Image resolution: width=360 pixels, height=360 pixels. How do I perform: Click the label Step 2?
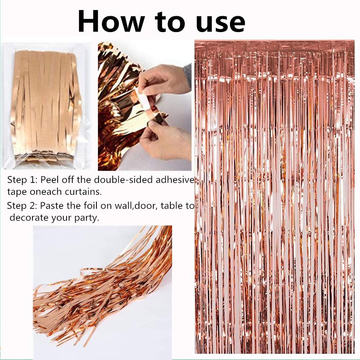[x=22, y=206]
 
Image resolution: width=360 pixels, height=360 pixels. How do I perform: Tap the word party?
[x=86, y=219]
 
